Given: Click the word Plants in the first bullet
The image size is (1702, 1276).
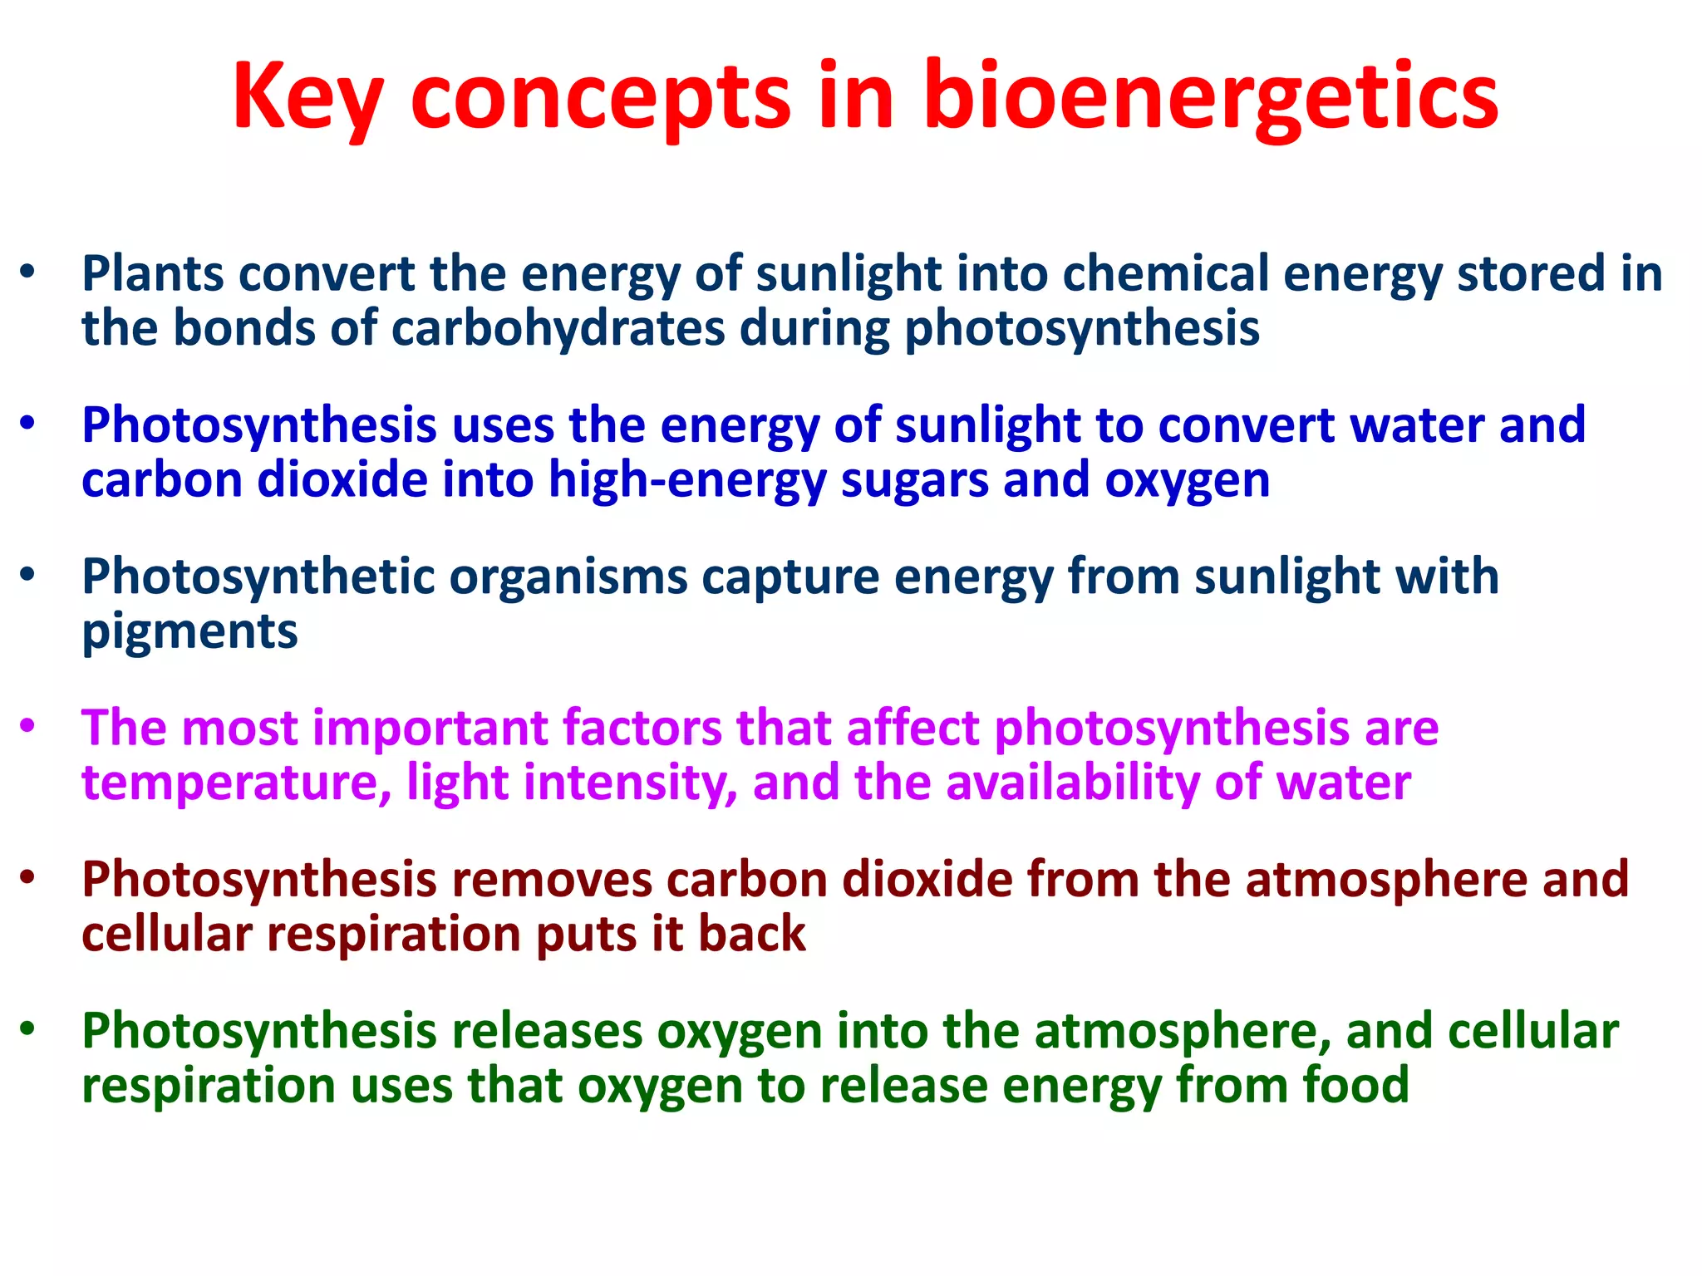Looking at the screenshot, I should coord(153,273).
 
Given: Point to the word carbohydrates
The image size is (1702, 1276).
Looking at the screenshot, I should coord(558,329).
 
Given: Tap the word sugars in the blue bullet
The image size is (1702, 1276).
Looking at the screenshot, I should coord(914,481).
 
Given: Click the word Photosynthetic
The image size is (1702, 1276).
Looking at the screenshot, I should coord(258,577).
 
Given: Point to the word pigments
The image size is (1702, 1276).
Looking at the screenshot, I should coord(189,633).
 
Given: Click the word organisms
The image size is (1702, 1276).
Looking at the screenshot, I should coord(568,577).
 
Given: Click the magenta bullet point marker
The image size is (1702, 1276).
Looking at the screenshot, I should coord(28,725).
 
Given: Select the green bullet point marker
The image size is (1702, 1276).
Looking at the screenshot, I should coord(28,1028).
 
